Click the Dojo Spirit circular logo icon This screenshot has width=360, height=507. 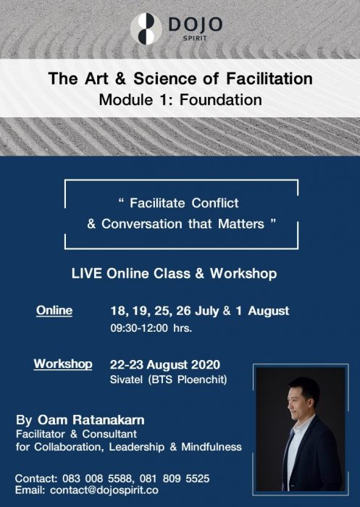click(x=146, y=28)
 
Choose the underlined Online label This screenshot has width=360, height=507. click(x=54, y=311)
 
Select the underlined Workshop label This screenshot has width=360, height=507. click(x=63, y=364)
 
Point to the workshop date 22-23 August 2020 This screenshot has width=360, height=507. click(x=165, y=364)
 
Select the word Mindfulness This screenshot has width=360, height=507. click(x=211, y=446)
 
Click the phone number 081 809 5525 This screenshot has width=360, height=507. click(x=173, y=479)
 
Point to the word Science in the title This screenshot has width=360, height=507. click(x=159, y=78)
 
